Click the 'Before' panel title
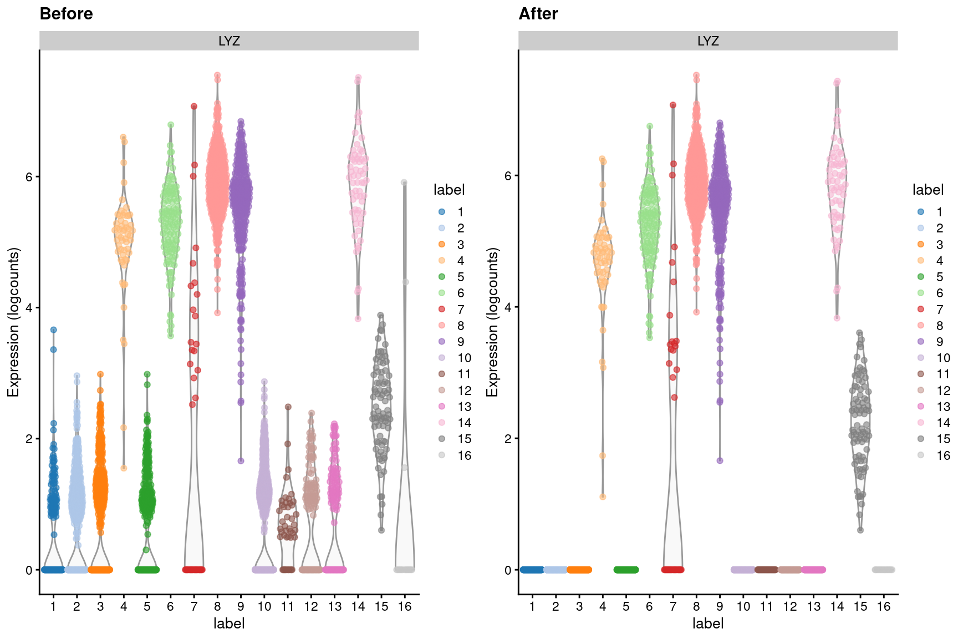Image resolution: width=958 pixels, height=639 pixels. point(66,14)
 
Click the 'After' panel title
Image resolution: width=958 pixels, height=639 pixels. point(538,14)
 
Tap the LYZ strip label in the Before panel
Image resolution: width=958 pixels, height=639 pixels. point(229,41)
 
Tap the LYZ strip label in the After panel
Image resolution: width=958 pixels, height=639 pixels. point(708,41)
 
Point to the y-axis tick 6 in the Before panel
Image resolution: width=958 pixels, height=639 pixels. point(29,176)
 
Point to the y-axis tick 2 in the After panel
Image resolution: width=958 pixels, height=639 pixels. point(508,438)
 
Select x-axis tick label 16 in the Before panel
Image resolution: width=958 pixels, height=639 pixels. point(405,606)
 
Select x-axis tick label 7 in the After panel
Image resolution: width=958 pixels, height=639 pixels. point(672,606)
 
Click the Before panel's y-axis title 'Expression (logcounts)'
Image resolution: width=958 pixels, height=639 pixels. point(13,322)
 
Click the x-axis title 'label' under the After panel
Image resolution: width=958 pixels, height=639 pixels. point(708,623)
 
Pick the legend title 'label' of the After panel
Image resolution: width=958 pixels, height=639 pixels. point(928,190)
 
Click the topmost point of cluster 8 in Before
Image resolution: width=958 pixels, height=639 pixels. point(217,75)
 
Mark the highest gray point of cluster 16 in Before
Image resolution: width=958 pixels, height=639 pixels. point(404,182)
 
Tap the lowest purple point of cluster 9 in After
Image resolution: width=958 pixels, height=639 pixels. point(720,460)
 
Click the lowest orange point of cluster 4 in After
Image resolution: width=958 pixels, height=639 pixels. point(603,496)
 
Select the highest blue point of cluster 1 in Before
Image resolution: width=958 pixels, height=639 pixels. point(53,329)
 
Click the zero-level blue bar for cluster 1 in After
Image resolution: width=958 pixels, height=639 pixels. point(532,570)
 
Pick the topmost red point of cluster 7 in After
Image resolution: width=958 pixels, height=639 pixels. point(672,105)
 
